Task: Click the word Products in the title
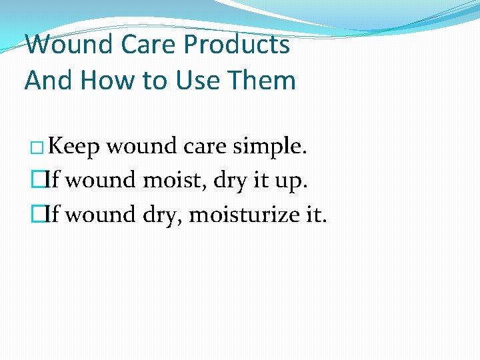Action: point(237,45)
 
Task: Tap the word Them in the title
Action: point(263,80)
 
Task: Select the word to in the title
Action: point(159,80)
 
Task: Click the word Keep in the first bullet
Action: point(74,146)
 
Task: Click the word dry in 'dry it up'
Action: point(229,181)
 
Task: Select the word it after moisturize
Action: point(311,215)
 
